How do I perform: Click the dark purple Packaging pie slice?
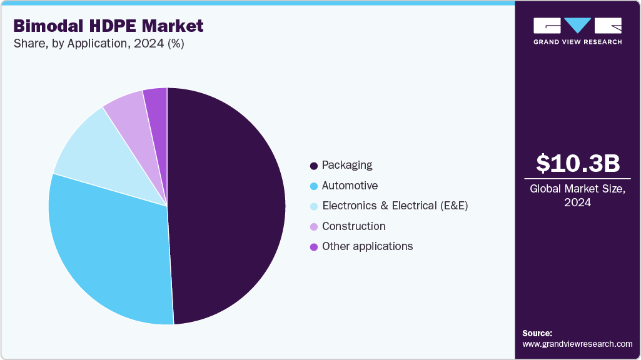pyautogui.click(x=228, y=206)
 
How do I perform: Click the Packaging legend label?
pyautogui.click(x=347, y=165)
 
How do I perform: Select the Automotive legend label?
pyautogui.click(x=350, y=186)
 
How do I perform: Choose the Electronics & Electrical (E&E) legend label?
pyautogui.click(x=395, y=206)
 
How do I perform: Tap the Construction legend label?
pyautogui.click(x=353, y=226)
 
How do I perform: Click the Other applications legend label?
pyautogui.click(x=367, y=246)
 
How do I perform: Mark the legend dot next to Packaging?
pyautogui.click(x=314, y=166)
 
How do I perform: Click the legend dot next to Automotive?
pyautogui.click(x=314, y=186)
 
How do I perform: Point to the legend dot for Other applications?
pyautogui.click(x=314, y=247)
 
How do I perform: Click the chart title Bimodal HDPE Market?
pyautogui.click(x=108, y=26)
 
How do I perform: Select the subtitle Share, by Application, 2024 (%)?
pyautogui.click(x=98, y=44)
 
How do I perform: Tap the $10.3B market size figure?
pyautogui.click(x=578, y=163)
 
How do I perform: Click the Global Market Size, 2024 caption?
pyautogui.click(x=578, y=196)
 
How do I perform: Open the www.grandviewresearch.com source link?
pyautogui.click(x=577, y=344)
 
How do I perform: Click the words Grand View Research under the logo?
pyautogui.click(x=577, y=42)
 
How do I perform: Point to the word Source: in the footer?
pyautogui.click(x=537, y=333)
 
